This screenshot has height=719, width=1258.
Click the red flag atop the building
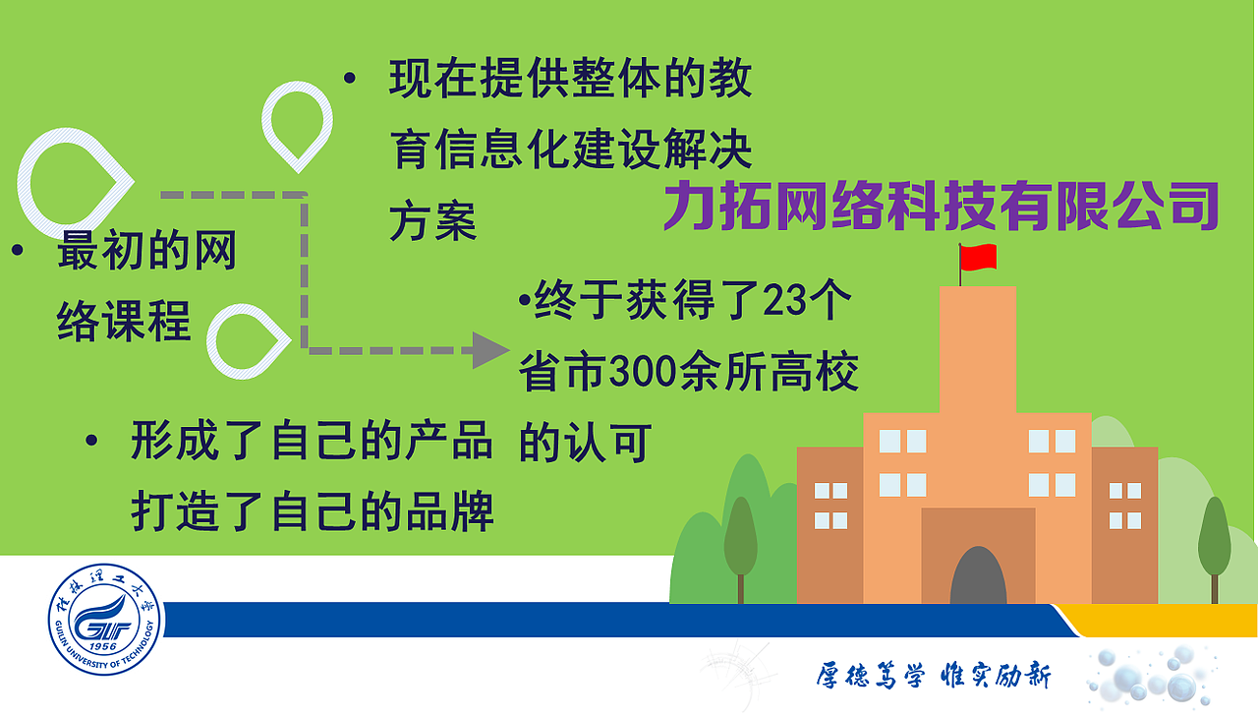coord(979,258)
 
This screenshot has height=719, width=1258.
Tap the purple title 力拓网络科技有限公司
coord(942,205)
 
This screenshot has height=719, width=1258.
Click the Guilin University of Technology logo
coord(106,622)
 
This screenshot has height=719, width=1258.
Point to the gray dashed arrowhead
coord(489,349)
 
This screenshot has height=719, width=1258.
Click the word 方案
coord(432,222)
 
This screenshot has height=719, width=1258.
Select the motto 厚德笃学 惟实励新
coord(933,677)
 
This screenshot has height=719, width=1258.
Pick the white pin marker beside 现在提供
coord(297,122)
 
